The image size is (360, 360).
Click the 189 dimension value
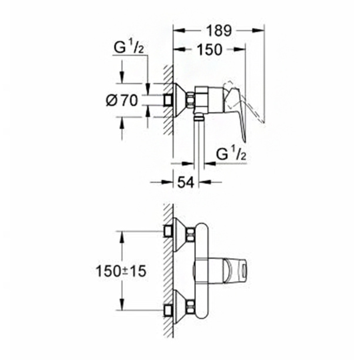(x=219, y=31)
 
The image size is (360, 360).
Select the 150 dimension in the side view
(x=210, y=49)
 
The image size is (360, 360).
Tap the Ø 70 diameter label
(x=122, y=101)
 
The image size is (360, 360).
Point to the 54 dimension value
(x=186, y=182)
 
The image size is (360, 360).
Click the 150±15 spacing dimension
(x=121, y=271)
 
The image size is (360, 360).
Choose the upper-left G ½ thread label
(x=129, y=48)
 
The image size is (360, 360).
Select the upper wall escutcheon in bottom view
(x=180, y=235)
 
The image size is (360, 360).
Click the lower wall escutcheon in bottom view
(x=180, y=307)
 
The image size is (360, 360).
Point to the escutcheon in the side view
(x=180, y=101)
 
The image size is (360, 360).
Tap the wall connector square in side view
(x=168, y=101)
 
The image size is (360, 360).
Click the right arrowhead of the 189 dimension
(x=258, y=31)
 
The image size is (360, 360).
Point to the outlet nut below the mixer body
(x=199, y=118)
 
